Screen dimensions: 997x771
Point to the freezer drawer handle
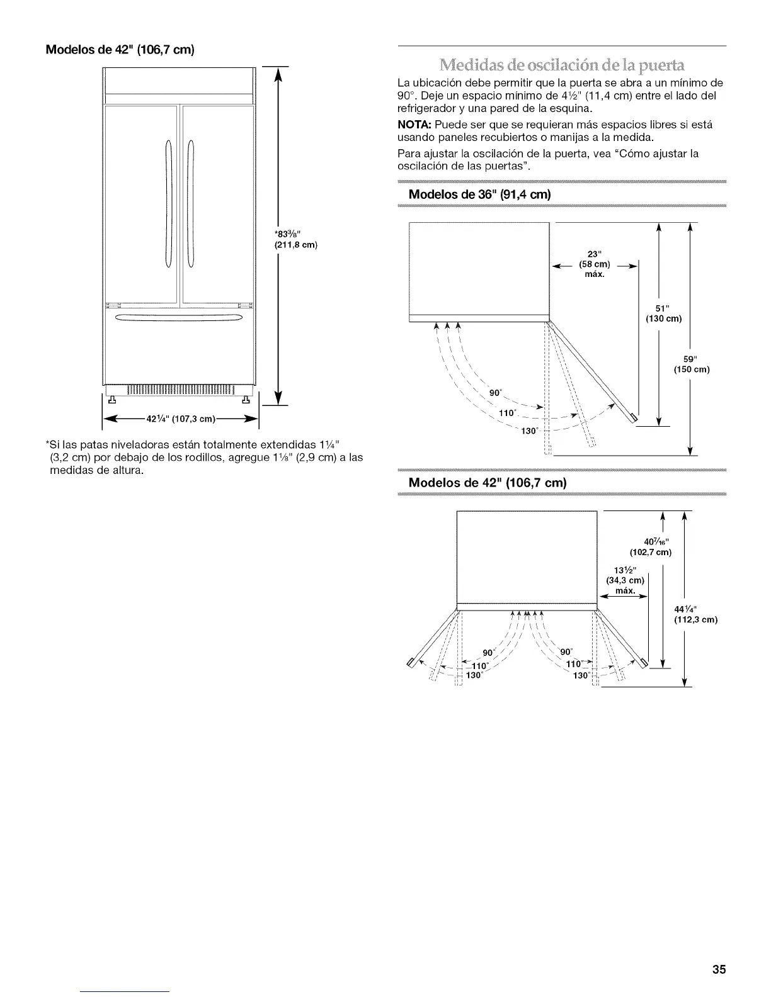(176, 317)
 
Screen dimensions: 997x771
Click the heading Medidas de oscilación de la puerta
(561, 65)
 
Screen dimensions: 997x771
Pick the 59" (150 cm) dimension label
(692, 364)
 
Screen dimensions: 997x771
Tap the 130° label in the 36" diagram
(527, 431)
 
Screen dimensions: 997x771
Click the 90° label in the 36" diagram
(496, 393)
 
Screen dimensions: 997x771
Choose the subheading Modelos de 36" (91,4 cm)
(480, 194)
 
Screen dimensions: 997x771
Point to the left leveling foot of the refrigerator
(113, 398)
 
